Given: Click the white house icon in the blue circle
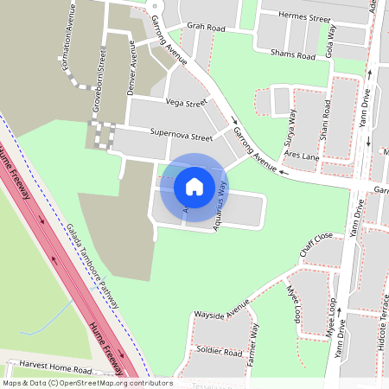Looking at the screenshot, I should coord(194,186).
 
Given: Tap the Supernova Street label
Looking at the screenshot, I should coord(181,136).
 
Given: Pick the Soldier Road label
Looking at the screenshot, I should coord(219,352).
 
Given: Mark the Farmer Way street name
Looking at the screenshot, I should coord(253,343).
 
